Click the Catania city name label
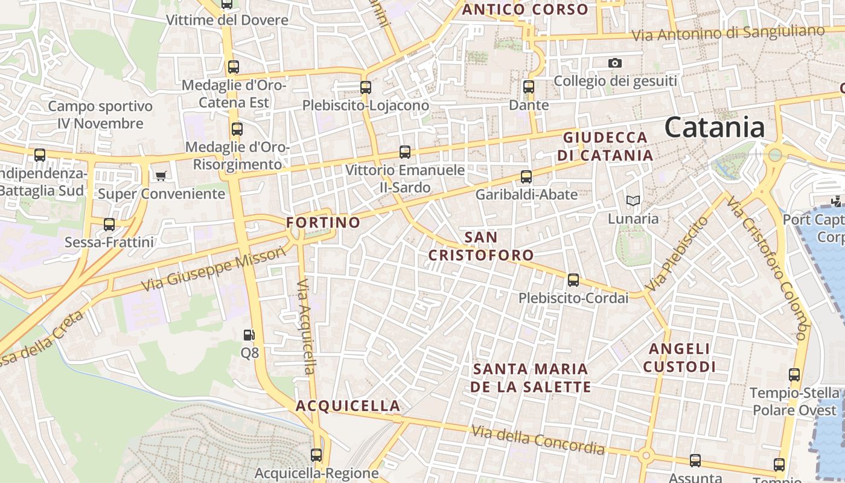(x=715, y=127)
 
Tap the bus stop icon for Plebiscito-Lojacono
(x=365, y=87)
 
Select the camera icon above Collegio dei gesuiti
(x=615, y=63)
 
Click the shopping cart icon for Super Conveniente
(x=161, y=176)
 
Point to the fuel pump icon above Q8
(x=249, y=334)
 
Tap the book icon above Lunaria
(x=633, y=200)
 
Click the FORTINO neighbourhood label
(x=323, y=222)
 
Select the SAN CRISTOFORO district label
(x=481, y=246)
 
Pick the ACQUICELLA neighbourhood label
(x=348, y=406)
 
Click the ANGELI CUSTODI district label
(x=679, y=357)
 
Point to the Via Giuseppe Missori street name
(x=213, y=269)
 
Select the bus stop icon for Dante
(x=529, y=87)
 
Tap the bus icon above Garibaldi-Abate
(x=526, y=177)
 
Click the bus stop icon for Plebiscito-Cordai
(x=573, y=280)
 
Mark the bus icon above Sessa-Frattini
(x=109, y=225)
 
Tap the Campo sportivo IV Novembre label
(x=100, y=115)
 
